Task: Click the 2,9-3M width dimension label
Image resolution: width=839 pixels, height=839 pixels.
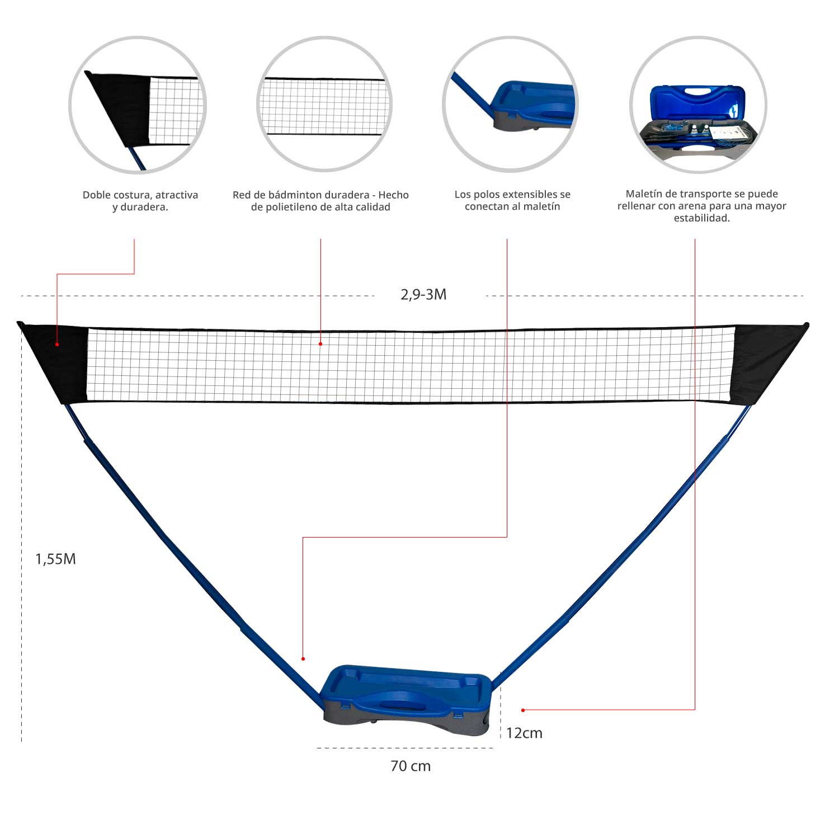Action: coord(423,295)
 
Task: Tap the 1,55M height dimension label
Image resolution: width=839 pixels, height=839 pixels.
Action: coord(55,559)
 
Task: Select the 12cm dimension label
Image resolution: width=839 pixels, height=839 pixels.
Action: coord(524,733)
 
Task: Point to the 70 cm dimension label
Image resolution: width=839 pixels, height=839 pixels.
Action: coord(411,766)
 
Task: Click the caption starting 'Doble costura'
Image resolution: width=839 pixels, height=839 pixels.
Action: coord(140,201)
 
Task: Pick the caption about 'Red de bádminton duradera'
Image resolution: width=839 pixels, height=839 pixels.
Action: coord(320,201)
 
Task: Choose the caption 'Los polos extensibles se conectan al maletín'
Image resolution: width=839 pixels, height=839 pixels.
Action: coord(512,200)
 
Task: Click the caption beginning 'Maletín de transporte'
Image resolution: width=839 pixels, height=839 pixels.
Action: coord(701,206)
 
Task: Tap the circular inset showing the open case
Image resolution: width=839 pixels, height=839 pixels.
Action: coord(699,105)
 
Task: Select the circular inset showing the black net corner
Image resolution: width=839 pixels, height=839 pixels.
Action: coord(138,105)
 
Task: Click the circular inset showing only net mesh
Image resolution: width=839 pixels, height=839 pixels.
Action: coord(324,105)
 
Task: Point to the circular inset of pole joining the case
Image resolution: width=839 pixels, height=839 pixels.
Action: coord(510,105)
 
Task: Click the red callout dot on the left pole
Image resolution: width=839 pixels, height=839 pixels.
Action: coord(303,659)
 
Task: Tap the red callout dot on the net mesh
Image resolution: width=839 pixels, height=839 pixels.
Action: coord(320,344)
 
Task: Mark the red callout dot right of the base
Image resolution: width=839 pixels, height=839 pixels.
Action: coord(523,710)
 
